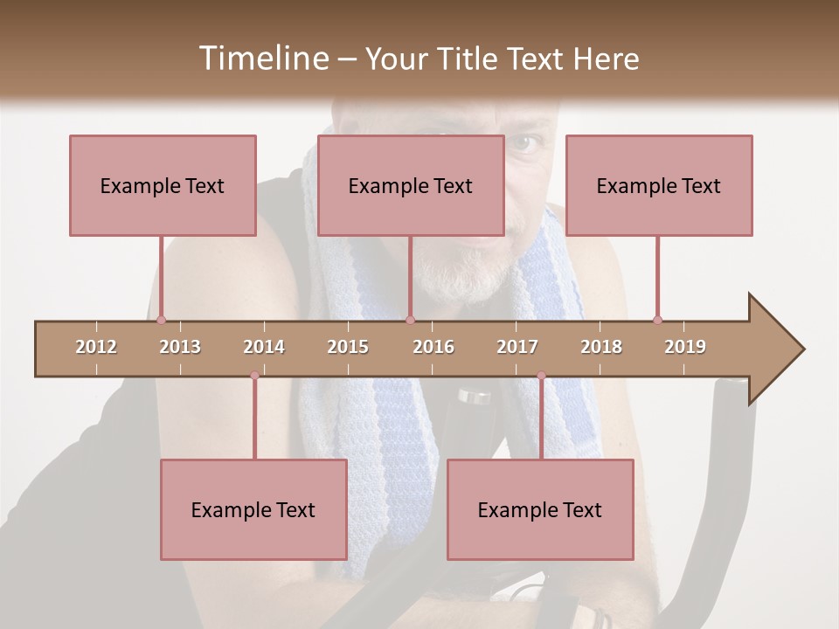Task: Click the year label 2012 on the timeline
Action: pyautogui.click(x=96, y=347)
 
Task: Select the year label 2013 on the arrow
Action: pyautogui.click(x=180, y=347)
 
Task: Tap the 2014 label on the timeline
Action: pyautogui.click(x=264, y=347)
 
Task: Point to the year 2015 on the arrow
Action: pyautogui.click(x=348, y=347)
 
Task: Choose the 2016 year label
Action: pyautogui.click(x=433, y=347)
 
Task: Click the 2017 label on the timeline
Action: pyautogui.click(x=517, y=347)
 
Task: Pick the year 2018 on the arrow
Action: pyautogui.click(x=601, y=347)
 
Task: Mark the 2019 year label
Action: pyautogui.click(x=685, y=347)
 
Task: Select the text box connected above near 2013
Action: pyautogui.click(x=163, y=185)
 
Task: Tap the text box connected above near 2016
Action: pyautogui.click(x=411, y=185)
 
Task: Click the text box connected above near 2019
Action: pyautogui.click(x=659, y=185)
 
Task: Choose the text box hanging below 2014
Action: pyautogui.click(x=253, y=509)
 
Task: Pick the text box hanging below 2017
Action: pyautogui.click(x=540, y=509)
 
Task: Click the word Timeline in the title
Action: pyautogui.click(x=262, y=59)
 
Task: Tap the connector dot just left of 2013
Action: pyautogui.click(x=161, y=321)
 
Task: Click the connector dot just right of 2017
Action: pyautogui.click(x=541, y=376)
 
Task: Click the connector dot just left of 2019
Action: pyautogui.click(x=657, y=320)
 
